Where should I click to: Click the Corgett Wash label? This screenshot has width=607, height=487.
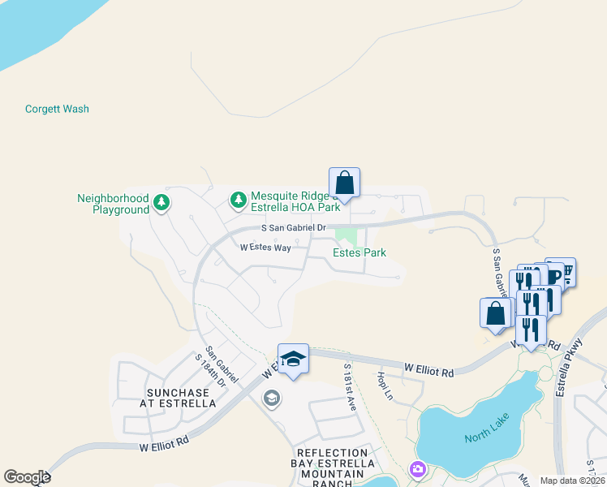(x=57, y=109)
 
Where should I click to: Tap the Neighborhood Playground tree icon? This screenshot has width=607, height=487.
(x=161, y=201)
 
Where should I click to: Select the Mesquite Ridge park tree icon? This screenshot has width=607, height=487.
(x=238, y=199)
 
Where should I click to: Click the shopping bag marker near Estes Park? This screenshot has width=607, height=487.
(x=344, y=183)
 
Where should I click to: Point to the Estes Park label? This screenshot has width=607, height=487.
(x=359, y=252)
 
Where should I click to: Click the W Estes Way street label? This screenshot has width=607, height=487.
(x=265, y=248)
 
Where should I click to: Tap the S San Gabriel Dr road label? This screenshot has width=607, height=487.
(x=293, y=228)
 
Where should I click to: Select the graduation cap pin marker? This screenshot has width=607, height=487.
(x=293, y=359)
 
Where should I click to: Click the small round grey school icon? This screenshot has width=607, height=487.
(x=271, y=398)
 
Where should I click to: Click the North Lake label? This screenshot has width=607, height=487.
(x=485, y=437)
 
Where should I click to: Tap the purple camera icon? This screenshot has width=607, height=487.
(x=418, y=468)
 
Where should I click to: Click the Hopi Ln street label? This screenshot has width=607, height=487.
(x=384, y=386)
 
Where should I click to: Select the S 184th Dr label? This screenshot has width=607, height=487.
(x=206, y=371)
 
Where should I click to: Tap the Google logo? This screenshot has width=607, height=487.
(x=27, y=477)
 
